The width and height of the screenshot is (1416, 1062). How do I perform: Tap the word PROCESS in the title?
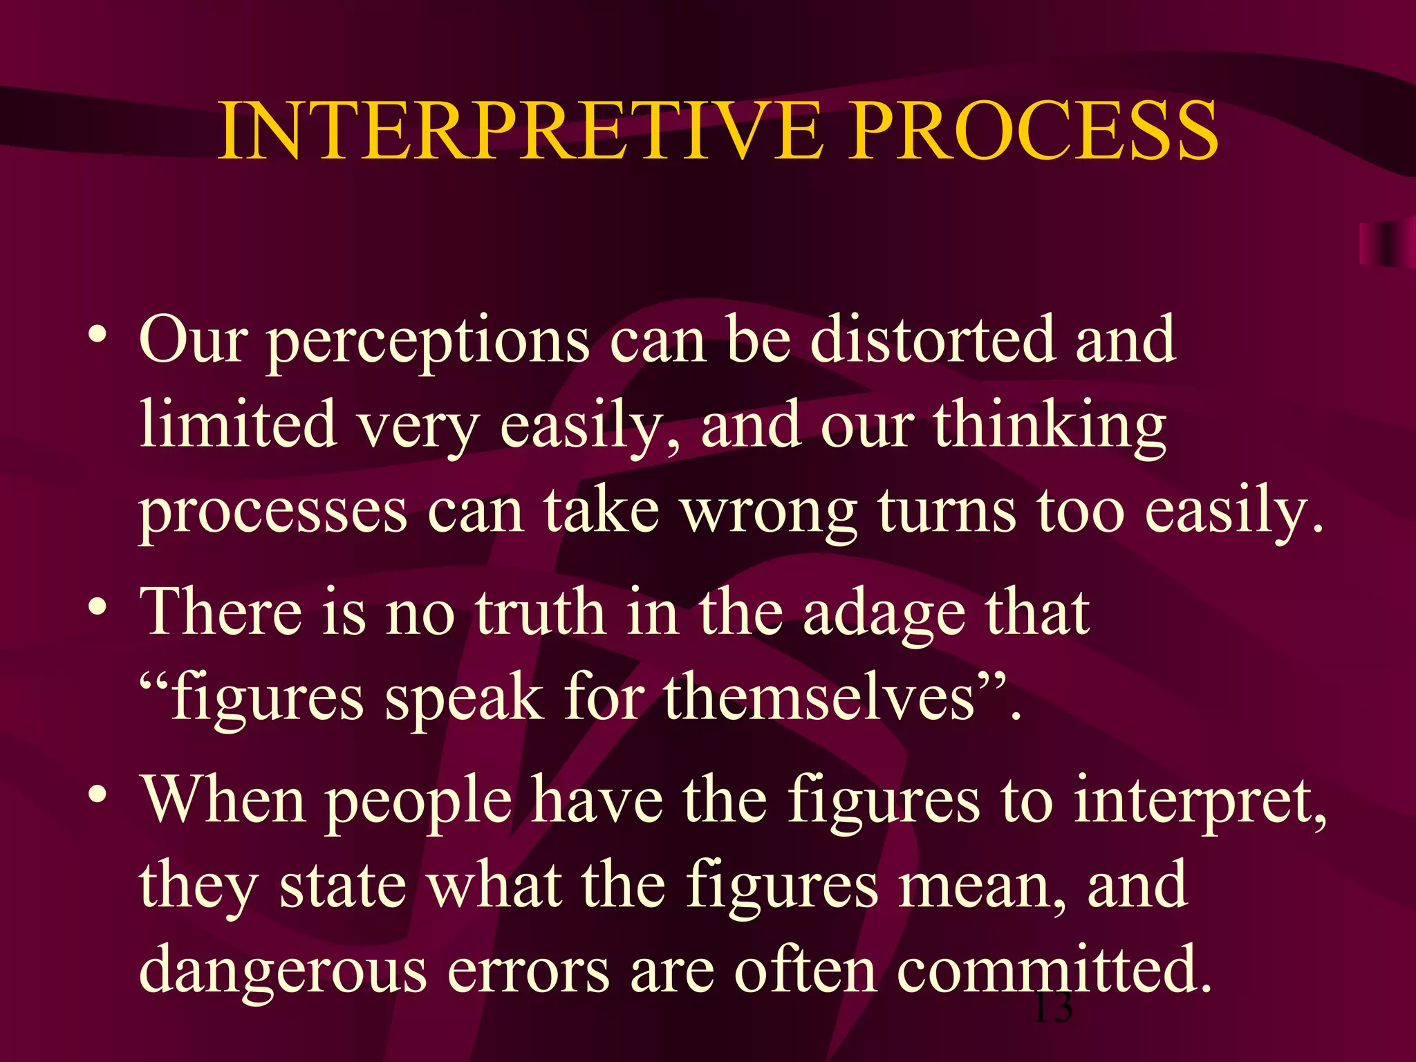1033,131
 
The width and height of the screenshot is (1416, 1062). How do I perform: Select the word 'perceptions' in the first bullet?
428,342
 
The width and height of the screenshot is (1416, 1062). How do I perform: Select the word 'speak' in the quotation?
463,700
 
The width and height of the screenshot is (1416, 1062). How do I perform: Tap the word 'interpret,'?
1200,802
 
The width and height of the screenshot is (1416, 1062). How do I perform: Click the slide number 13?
1052,1008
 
